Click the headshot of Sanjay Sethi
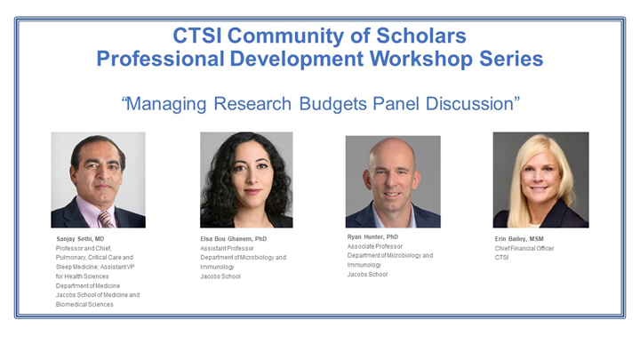pos(98,180)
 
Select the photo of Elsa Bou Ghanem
pos(246,180)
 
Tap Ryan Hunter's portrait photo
pos(392,181)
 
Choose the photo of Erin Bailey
pos(540,180)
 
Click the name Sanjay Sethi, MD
pos(79,239)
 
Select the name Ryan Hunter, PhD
pos(373,237)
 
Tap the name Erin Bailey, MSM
pos(519,239)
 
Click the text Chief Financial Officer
pos(524,248)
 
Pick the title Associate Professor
pos(376,246)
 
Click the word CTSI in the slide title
pos(202,37)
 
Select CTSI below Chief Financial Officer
pos(504,258)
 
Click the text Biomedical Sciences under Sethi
pos(84,304)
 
